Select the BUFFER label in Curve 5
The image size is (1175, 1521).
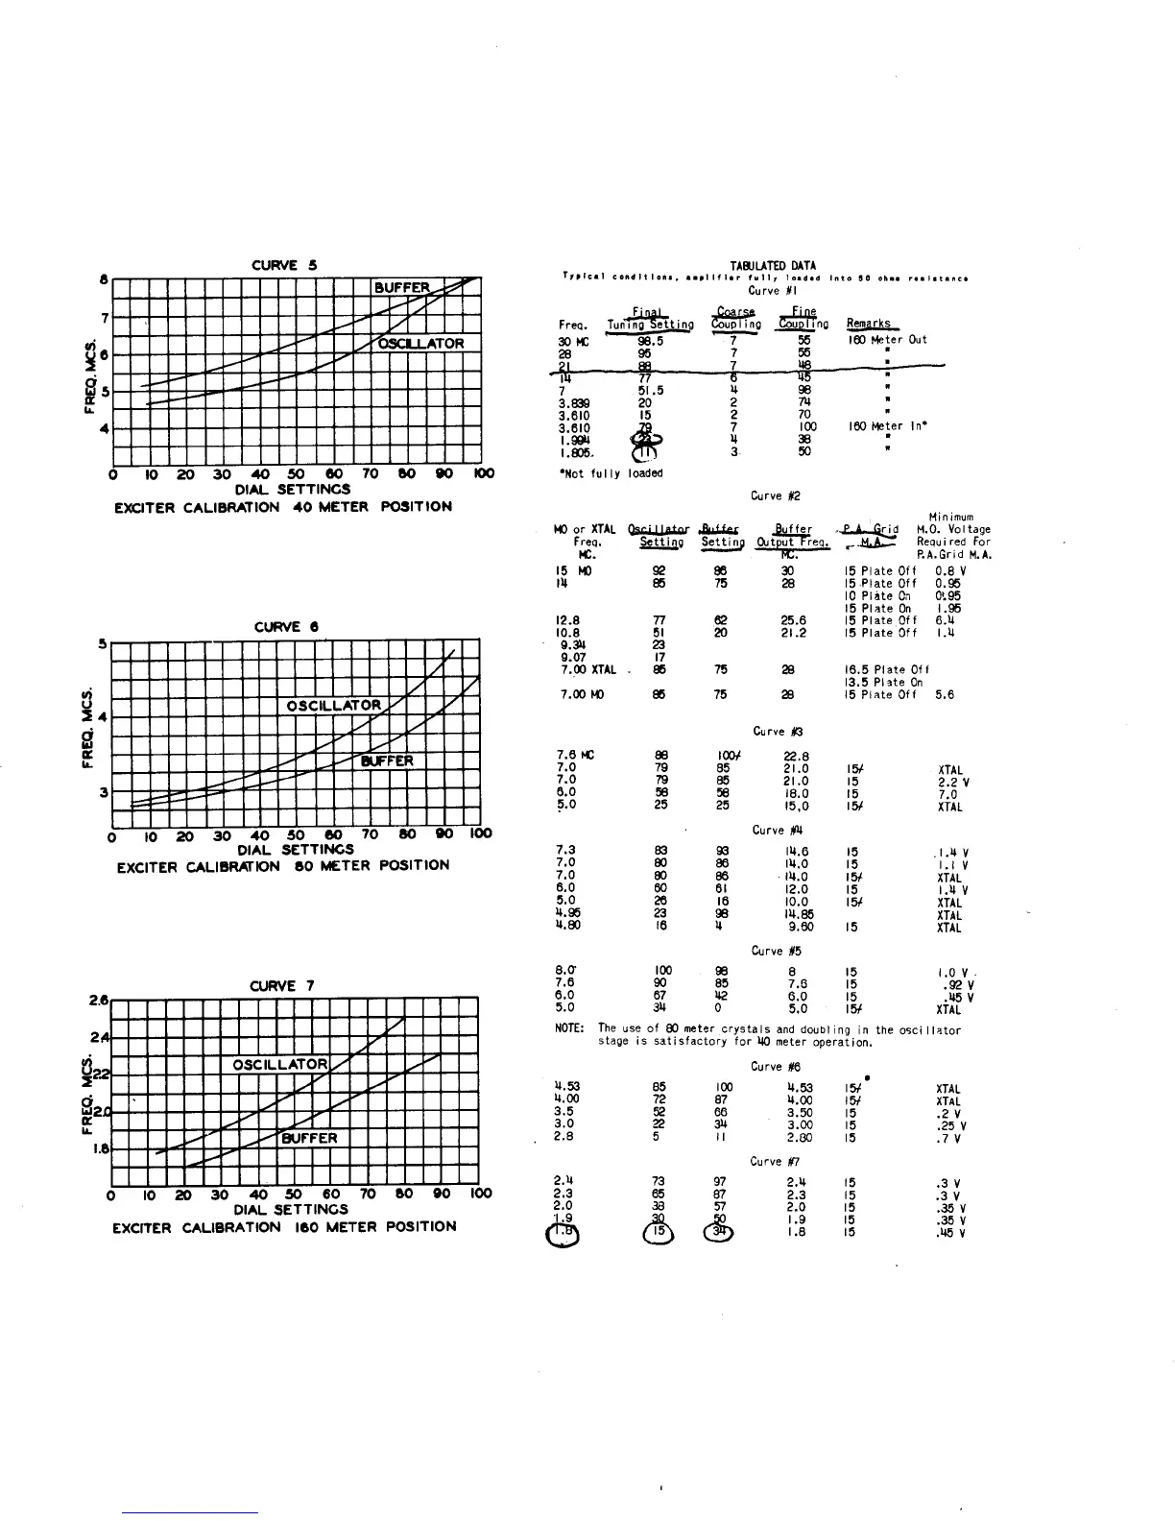[x=402, y=287]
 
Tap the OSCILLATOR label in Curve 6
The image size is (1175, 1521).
[x=334, y=706]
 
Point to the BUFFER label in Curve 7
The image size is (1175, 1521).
[x=309, y=1138]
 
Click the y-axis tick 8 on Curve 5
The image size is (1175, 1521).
[x=104, y=278]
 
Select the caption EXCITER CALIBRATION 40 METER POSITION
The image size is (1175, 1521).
[x=282, y=506]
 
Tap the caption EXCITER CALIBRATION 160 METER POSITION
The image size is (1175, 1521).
[x=284, y=1226]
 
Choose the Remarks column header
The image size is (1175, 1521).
[x=868, y=324]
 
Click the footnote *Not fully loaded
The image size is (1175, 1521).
[x=610, y=472]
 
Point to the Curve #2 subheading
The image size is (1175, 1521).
[x=776, y=495]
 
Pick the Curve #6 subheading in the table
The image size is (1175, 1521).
[x=776, y=1067]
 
